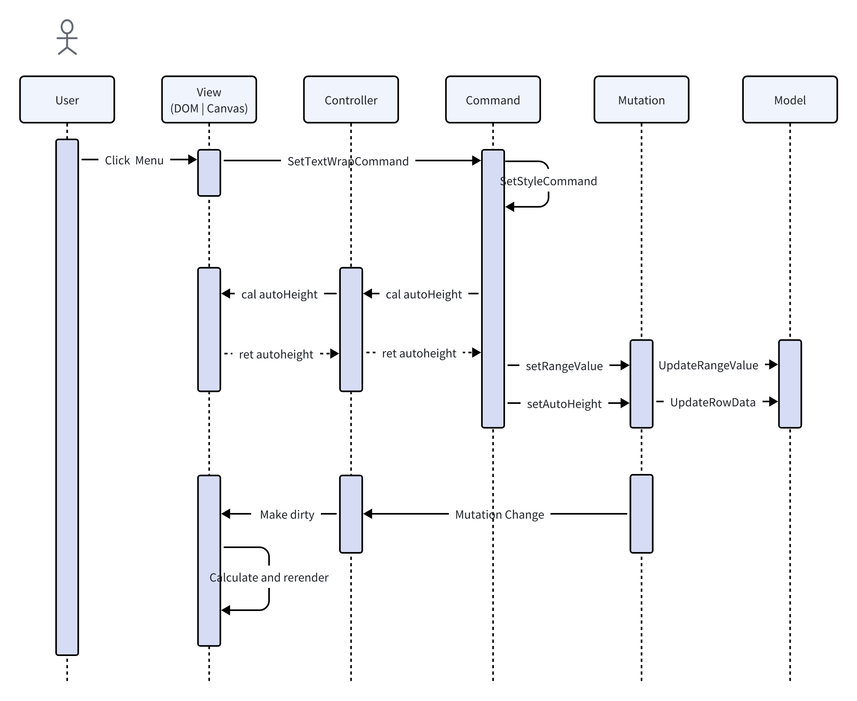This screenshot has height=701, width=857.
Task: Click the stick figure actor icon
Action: click(x=67, y=37)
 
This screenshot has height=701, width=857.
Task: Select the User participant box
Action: click(x=67, y=100)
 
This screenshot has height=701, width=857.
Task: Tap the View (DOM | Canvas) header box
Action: click(x=209, y=100)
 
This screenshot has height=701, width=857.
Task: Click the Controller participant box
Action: click(x=351, y=100)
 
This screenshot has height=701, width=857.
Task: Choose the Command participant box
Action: click(x=493, y=100)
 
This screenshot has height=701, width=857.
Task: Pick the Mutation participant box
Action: click(x=641, y=100)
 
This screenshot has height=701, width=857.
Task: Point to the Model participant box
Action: click(x=790, y=100)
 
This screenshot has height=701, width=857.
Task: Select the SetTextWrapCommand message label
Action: click(x=348, y=162)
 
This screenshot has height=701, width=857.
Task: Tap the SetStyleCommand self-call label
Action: click(x=548, y=181)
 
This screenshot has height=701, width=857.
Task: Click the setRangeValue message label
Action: click(x=564, y=366)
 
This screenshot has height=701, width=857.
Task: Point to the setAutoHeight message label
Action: click(x=564, y=404)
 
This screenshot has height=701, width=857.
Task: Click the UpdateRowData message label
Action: click(x=712, y=403)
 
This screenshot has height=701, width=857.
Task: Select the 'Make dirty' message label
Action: click(x=287, y=515)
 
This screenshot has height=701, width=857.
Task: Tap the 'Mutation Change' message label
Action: click(x=499, y=515)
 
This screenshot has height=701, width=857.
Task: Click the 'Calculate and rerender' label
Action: click(x=269, y=578)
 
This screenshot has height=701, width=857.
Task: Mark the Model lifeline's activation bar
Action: click(x=790, y=384)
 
